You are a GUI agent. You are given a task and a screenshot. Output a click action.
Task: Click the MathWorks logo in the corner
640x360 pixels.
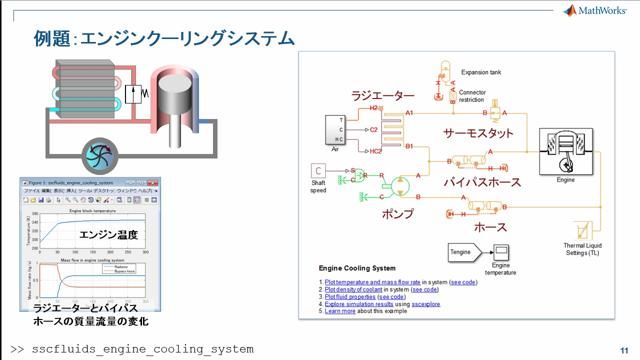596,11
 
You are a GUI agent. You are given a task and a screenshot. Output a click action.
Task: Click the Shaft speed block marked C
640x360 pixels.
319,170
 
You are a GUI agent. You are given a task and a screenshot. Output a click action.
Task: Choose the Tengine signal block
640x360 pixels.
459,251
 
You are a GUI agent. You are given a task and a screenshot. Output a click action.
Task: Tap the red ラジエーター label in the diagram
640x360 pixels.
381,96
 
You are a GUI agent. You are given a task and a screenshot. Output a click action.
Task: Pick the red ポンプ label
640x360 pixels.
397,213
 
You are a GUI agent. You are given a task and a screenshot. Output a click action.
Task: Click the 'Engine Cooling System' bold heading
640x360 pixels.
357,269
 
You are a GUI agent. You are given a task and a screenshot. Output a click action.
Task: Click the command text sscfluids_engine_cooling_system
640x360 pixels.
140,349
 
